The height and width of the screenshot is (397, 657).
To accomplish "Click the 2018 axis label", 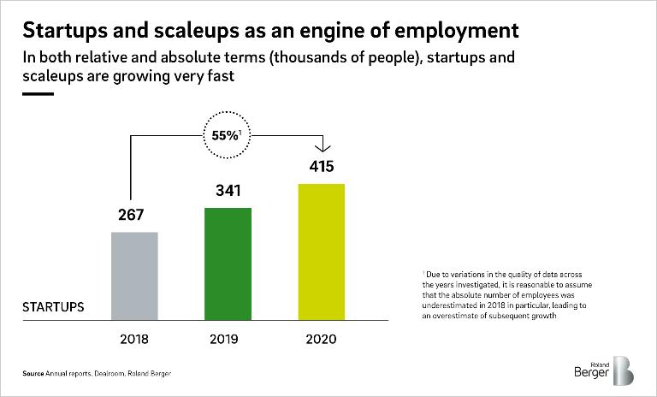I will point(134,340).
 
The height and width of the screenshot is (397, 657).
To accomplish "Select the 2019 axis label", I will point(228,340).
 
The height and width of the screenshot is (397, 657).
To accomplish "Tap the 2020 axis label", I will point(321,340).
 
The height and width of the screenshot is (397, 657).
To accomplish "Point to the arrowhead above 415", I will point(321,147).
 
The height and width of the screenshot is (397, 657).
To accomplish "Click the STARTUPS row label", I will point(53,306).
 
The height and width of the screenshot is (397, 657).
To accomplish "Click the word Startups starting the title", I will point(61,31).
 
